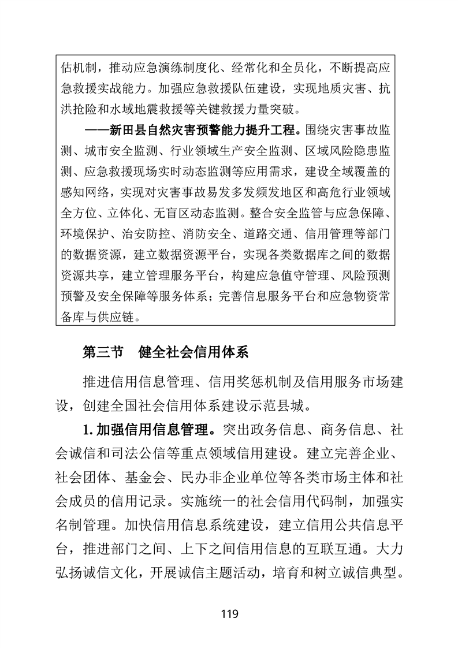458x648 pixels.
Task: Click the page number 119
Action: (229, 614)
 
